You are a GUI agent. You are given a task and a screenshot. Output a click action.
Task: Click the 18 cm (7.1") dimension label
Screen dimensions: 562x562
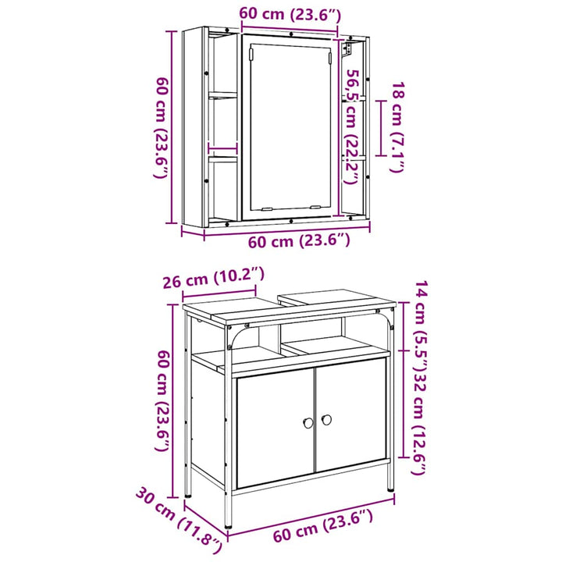coord(398,127)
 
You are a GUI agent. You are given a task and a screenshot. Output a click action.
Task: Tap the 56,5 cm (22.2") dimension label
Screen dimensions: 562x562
coord(351,127)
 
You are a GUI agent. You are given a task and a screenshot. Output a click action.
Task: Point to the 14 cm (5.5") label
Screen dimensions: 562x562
coord(421,327)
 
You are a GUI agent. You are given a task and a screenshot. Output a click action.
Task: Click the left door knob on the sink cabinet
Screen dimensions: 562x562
coord(308,423)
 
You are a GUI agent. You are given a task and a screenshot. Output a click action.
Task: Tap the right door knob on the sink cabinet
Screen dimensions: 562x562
coord(326,420)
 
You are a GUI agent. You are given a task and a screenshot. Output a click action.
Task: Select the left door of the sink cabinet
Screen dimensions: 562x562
coord(275,428)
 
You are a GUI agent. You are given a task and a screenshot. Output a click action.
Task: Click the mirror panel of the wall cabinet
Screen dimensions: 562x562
coord(290,127)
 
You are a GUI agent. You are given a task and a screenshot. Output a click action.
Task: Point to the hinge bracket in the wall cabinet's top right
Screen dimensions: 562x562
coord(347,49)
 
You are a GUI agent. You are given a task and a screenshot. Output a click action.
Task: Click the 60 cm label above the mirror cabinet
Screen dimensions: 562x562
coord(290,14)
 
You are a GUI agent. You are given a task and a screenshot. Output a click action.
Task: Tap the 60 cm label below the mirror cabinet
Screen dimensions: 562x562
coord(299,241)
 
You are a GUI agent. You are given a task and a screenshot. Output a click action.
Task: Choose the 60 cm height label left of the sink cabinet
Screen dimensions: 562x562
coord(162,400)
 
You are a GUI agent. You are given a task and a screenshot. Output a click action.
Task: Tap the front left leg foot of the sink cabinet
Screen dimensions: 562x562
coord(228,527)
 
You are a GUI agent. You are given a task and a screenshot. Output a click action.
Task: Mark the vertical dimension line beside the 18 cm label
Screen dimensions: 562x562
coord(381,128)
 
